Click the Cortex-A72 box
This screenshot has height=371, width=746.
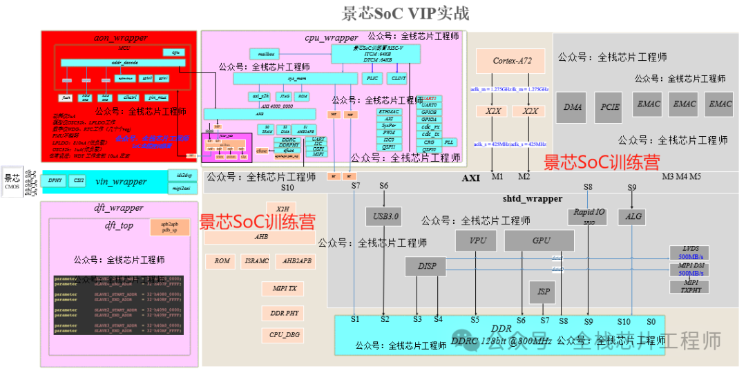(x=512, y=61)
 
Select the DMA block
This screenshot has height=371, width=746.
(x=573, y=106)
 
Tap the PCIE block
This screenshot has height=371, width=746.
(x=609, y=106)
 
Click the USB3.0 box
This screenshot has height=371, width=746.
(x=383, y=216)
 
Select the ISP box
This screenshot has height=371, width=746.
(x=544, y=292)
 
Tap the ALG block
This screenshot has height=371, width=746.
(x=633, y=216)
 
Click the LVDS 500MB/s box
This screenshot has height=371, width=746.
(x=689, y=252)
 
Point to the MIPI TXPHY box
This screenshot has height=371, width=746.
(x=689, y=286)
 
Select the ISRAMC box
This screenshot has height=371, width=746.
(x=256, y=261)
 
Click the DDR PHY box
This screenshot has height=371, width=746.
(x=283, y=312)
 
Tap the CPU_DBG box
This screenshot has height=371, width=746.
(x=283, y=335)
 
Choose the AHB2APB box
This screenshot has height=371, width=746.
(x=297, y=261)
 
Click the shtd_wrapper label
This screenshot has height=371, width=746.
(x=532, y=199)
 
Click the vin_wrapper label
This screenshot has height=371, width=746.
(x=121, y=182)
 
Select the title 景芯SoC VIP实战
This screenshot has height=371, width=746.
(x=405, y=12)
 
